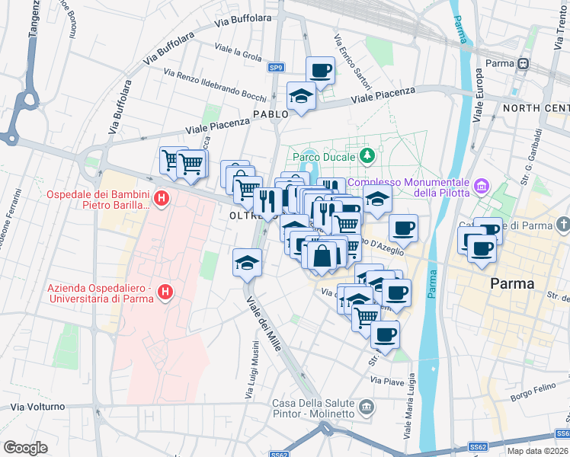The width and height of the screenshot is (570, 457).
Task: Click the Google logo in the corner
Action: click(25, 447)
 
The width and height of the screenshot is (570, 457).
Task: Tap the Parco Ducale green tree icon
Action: click(368, 156)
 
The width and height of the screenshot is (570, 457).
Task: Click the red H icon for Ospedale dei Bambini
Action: click(161, 200)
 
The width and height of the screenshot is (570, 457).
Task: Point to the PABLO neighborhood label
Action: click(271, 114)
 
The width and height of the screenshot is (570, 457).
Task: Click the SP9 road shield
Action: click(276, 68)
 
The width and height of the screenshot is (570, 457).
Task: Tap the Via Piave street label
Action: click(386, 379)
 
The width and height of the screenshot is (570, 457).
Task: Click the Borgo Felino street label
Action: click(530, 396)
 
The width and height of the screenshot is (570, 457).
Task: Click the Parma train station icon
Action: click(524, 64)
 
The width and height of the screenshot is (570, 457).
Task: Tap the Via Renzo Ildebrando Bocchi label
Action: click(215, 84)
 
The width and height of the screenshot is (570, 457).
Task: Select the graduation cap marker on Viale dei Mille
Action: click(246, 264)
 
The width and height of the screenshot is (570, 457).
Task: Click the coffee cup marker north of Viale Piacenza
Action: click(320, 71)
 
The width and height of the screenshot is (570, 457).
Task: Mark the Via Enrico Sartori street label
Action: click(347, 56)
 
